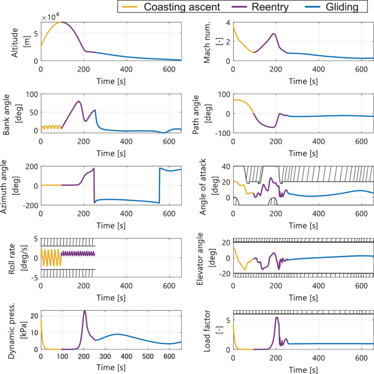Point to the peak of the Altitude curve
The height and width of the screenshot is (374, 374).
coord(62,22)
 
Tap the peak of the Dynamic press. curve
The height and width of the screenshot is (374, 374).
coord(85,311)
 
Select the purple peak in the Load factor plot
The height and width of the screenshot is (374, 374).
coord(277,317)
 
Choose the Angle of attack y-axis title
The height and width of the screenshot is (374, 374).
coord(208,185)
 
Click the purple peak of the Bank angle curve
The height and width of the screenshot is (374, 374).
coord(79,101)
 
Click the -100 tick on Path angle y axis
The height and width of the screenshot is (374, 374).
coord(221,133)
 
